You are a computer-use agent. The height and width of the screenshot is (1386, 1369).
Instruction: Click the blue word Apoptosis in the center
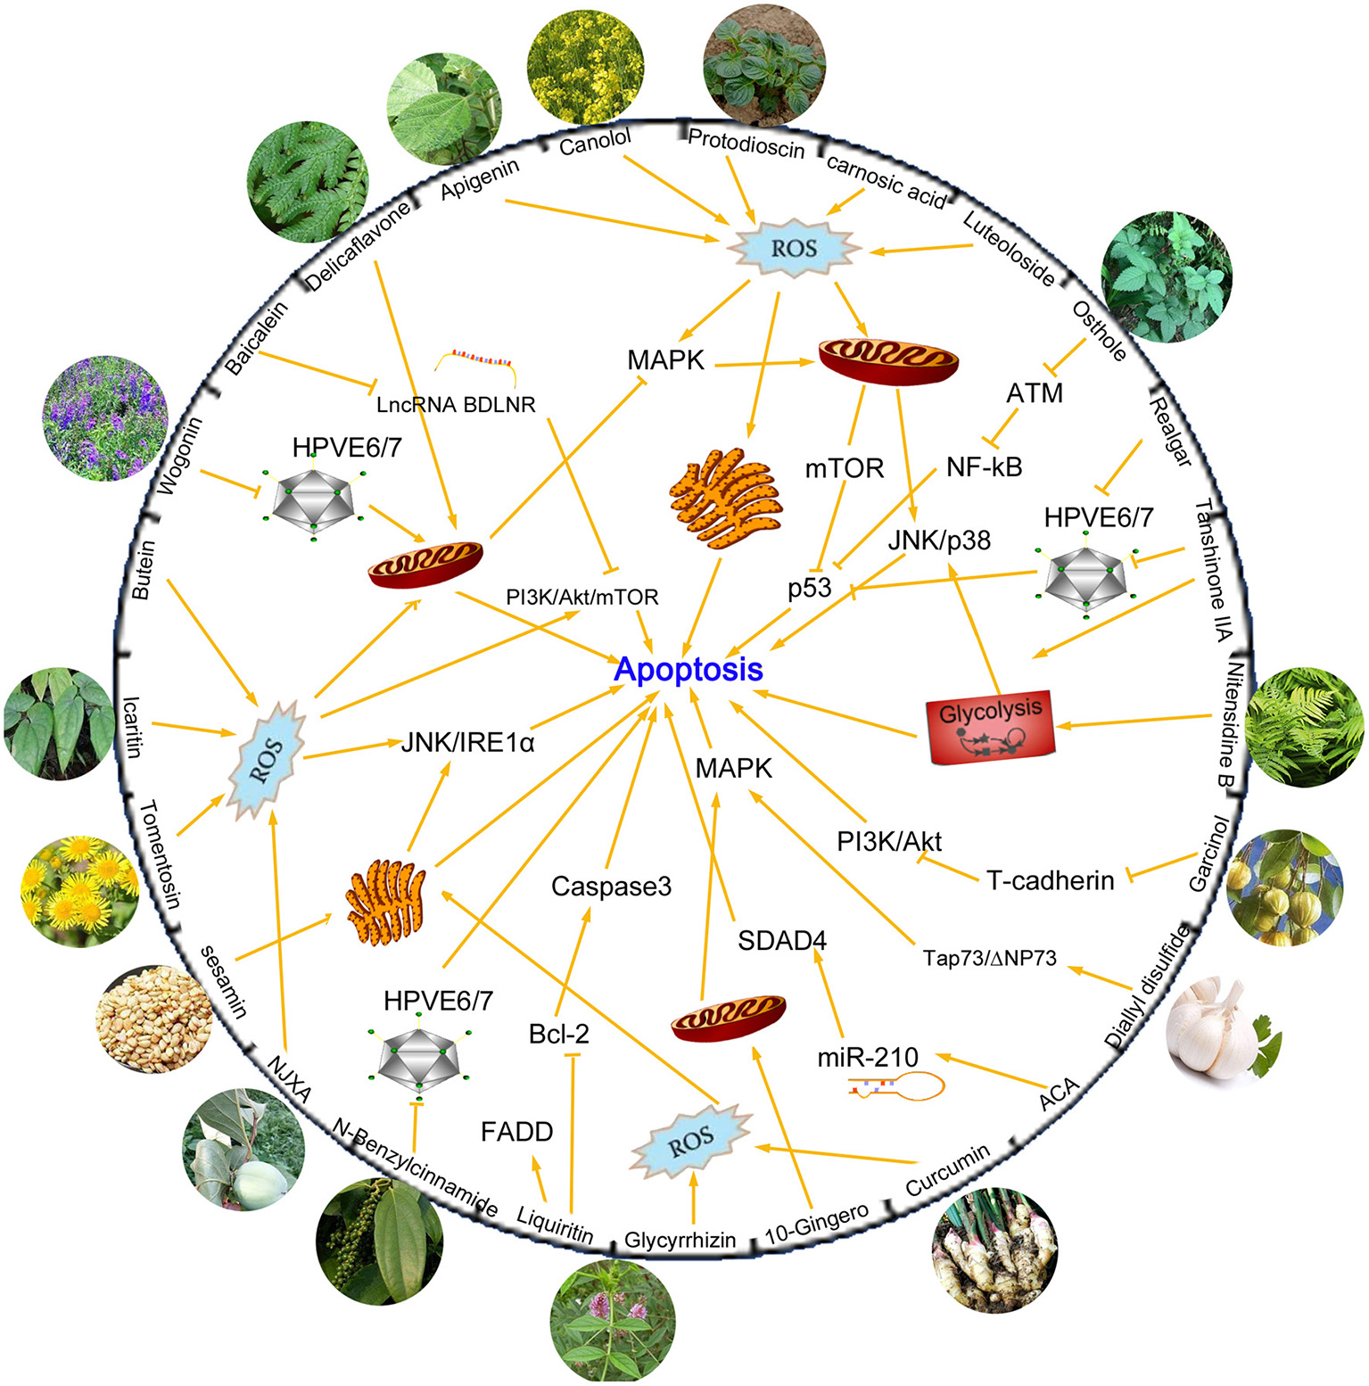pyautogui.click(x=689, y=669)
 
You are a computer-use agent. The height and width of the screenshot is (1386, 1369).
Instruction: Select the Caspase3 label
pyautogui.click(x=611, y=887)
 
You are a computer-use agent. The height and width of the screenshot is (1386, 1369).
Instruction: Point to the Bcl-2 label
pyautogui.click(x=559, y=1034)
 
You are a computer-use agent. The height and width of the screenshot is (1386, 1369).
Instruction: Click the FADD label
pyautogui.click(x=517, y=1132)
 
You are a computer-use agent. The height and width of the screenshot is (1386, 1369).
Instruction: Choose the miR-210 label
pyautogui.click(x=868, y=1058)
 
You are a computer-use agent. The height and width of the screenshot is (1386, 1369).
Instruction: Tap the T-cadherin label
pyautogui.click(x=1051, y=880)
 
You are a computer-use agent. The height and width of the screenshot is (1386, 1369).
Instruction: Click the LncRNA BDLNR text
pyautogui.click(x=456, y=405)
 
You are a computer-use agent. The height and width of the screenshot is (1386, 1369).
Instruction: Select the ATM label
pyautogui.click(x=1035, y=393)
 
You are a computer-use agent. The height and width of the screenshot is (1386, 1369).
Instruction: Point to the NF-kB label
pyautogui.click(x=985, y=466)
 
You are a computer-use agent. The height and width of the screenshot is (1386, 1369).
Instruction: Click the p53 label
pyautogui.click(x=810, y=588)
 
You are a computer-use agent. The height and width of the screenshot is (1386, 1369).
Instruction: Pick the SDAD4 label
pyautogui.click(x=782, y=940)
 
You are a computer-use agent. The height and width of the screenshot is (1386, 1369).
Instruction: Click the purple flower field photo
pyautogui.click(x=104, y=417)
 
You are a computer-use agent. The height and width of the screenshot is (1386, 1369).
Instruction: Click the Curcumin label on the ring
pyautogui.click(x=948, y=1169)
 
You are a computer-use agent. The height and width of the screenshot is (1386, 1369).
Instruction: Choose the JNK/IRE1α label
pyautogui.click(x=467, y=742)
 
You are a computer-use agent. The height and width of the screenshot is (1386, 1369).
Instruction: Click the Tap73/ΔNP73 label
pyautogui.click(x=990, y=958)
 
